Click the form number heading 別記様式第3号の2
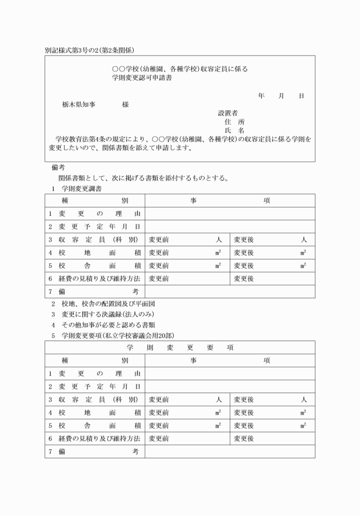pyautogui.click(x=74, y=50)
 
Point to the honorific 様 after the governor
pyautogui.click(x=125, y=105)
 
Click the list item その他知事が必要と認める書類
pyautogui.click(x=107, y=325)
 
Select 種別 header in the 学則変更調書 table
pyautogui.click(x=94, y=201)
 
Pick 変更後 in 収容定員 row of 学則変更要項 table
pyautogui.click(x=244, y=399)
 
